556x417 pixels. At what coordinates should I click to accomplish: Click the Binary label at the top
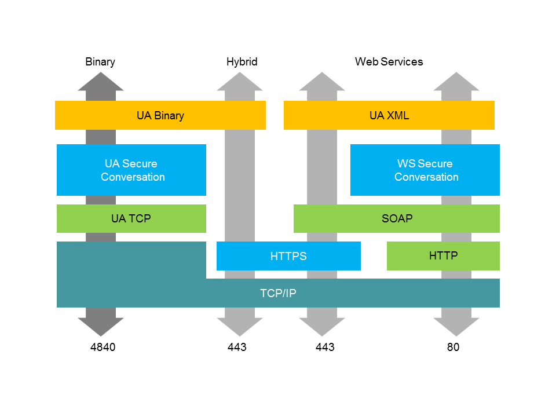point(100,62)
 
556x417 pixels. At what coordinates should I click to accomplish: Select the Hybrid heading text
point(242,62)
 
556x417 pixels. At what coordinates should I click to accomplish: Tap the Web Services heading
point(389,62)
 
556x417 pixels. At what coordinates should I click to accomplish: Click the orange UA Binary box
point(160,115)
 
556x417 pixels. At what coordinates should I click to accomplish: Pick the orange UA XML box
point(389,115)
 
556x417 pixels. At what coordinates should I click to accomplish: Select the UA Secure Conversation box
point(131,170)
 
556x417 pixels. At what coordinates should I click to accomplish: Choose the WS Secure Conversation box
point(425,170)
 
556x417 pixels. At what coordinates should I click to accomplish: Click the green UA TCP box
point(131,218)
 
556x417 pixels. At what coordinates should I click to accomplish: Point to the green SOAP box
point(397,218)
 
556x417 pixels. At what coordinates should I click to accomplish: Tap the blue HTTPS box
point(288,256)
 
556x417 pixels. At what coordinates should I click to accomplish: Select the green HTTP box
point(443,256)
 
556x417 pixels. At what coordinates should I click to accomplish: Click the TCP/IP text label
point(278,294)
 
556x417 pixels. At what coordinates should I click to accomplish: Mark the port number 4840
point(103,348)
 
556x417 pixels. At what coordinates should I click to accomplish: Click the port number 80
point(453,348)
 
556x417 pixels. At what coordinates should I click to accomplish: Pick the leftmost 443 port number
point(237,348)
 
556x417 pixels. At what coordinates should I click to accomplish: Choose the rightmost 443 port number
point(325,348)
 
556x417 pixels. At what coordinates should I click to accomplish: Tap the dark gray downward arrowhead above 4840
point(101,325)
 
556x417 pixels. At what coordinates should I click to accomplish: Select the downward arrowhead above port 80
point(456,325)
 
